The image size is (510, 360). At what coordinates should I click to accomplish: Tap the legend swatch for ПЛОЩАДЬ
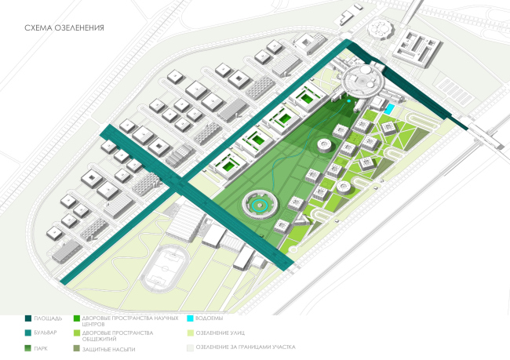[28, 318]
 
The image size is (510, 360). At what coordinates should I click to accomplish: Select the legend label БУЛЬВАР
[49, 333]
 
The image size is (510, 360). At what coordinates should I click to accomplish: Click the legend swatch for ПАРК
[28, 347]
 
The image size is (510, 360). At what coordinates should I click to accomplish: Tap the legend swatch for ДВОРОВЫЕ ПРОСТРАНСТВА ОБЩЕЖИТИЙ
[75, 333]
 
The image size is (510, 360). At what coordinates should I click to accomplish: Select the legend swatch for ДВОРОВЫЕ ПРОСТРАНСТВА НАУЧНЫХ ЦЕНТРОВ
[75, 318]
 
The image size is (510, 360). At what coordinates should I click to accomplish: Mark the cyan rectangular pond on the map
[388, 107]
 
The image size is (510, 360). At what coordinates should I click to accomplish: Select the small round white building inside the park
[324, 144]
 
